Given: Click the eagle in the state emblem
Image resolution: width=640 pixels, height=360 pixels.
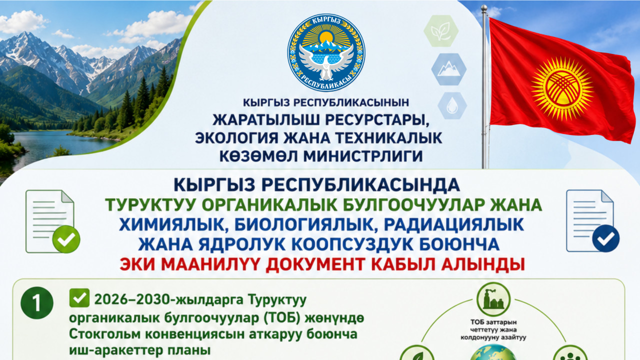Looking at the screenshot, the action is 326,61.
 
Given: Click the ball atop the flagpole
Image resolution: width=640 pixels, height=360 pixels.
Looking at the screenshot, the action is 483,7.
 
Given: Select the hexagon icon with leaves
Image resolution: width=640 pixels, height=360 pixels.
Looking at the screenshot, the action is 441,31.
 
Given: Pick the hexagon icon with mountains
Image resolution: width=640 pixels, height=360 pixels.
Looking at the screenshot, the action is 449,69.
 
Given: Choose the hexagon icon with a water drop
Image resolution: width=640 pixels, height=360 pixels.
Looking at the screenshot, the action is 452,105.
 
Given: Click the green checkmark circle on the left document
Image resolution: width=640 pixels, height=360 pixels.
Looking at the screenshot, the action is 66,239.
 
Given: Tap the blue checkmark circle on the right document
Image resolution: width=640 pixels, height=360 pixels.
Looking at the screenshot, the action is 605,238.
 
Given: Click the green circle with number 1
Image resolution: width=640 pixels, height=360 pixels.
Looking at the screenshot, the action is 37,303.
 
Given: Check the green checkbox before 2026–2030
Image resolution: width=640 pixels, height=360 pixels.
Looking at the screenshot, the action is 79,298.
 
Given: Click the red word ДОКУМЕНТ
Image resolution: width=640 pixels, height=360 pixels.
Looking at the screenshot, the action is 315,264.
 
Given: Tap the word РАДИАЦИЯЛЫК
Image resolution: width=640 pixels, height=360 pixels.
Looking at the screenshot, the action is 453,224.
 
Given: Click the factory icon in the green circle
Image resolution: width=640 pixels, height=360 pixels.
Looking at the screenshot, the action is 493,299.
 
